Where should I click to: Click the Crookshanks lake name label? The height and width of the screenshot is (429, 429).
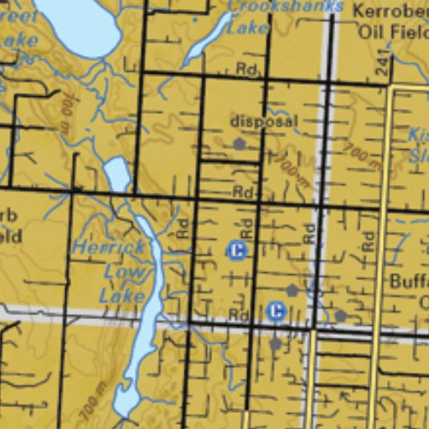coord(285,6)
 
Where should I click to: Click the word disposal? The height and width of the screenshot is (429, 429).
coord(262,121)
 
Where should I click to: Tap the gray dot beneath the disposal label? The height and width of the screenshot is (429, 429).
coord(240,144)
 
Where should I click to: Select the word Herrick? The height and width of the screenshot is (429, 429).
coord(108,248)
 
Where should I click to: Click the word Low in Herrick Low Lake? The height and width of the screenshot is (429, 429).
coord(120,271)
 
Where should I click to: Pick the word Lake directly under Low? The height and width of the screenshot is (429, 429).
coord(117,295)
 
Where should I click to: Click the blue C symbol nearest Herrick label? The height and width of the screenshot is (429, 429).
coord(237,250)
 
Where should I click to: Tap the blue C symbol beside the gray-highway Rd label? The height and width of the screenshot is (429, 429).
coord(276,312)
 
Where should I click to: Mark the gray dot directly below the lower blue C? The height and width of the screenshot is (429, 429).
coord(276,344)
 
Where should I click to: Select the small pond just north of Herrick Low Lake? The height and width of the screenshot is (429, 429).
coord(117,174)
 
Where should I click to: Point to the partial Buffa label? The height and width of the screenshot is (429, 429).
coord(410,282)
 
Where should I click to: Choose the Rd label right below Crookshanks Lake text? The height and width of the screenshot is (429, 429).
coord(246,69)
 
